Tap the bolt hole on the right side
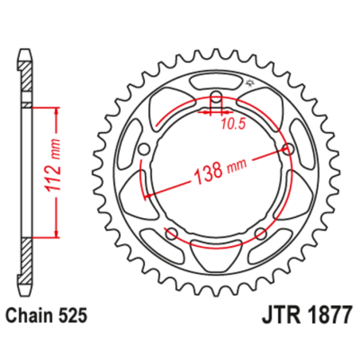pos(288,150)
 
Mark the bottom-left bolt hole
pos(170,233)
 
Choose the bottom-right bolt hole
pos(260,233)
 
